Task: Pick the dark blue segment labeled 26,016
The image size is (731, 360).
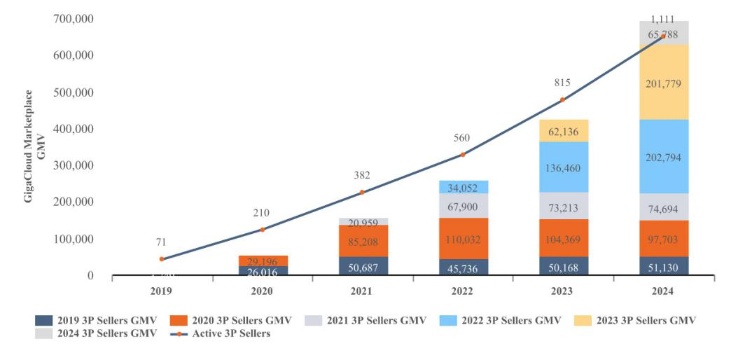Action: [x=262, y=270]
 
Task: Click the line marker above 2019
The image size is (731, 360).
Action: [x=162, y=259]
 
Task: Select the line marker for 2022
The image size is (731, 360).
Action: [x=461, y=155]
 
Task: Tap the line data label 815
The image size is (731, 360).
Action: [x=562, y=82]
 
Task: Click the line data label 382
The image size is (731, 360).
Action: [x=361, y=175]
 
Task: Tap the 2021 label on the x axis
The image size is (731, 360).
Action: [x=361, y=290]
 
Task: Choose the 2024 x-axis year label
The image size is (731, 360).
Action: [x=662, y=290]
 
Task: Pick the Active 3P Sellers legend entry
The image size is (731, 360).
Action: [x=222, y=334]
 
